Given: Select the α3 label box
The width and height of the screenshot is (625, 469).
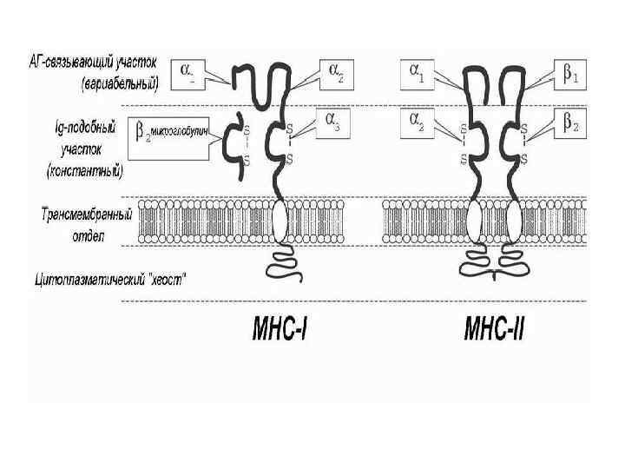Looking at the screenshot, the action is tap(334, 122).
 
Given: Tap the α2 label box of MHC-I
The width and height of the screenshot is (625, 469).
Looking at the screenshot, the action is tap(337, 75).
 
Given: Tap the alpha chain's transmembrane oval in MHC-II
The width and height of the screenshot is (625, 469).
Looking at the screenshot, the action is tap(473, 222).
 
